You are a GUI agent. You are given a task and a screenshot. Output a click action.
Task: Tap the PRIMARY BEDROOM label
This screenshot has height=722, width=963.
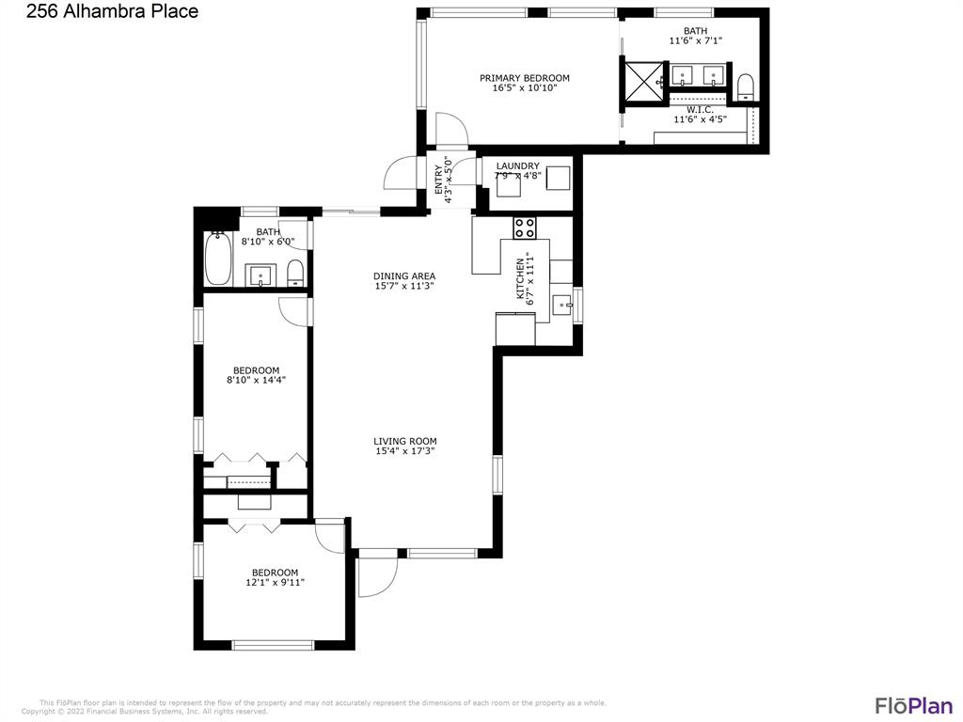(524, 78)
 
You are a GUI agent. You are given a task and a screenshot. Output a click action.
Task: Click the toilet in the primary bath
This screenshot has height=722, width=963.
(746, 87)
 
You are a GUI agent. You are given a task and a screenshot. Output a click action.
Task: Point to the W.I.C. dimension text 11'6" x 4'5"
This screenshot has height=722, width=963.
(700, 119)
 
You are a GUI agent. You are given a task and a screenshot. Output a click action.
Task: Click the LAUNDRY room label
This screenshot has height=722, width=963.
(517, 166)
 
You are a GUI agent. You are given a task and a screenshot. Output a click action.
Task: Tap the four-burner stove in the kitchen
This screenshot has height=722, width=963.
(524, 227)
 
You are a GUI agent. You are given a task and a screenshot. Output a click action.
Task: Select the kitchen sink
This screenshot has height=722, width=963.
(561, 304)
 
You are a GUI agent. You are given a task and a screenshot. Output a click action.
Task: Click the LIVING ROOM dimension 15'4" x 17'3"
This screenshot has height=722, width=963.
(404, 451)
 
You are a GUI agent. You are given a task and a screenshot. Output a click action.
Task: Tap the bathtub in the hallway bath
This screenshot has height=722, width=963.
(218, 259)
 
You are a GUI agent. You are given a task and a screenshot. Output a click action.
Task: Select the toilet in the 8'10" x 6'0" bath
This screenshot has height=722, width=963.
(294, 274)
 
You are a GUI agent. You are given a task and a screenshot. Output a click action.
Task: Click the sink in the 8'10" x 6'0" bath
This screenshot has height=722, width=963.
(260, 275)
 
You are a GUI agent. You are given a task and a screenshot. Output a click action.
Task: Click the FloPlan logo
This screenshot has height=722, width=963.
(913, 705)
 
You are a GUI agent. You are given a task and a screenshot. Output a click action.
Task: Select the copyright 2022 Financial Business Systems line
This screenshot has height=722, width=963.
(145, 712)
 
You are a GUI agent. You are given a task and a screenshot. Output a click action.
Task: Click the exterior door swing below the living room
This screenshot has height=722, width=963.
(377, 575)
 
